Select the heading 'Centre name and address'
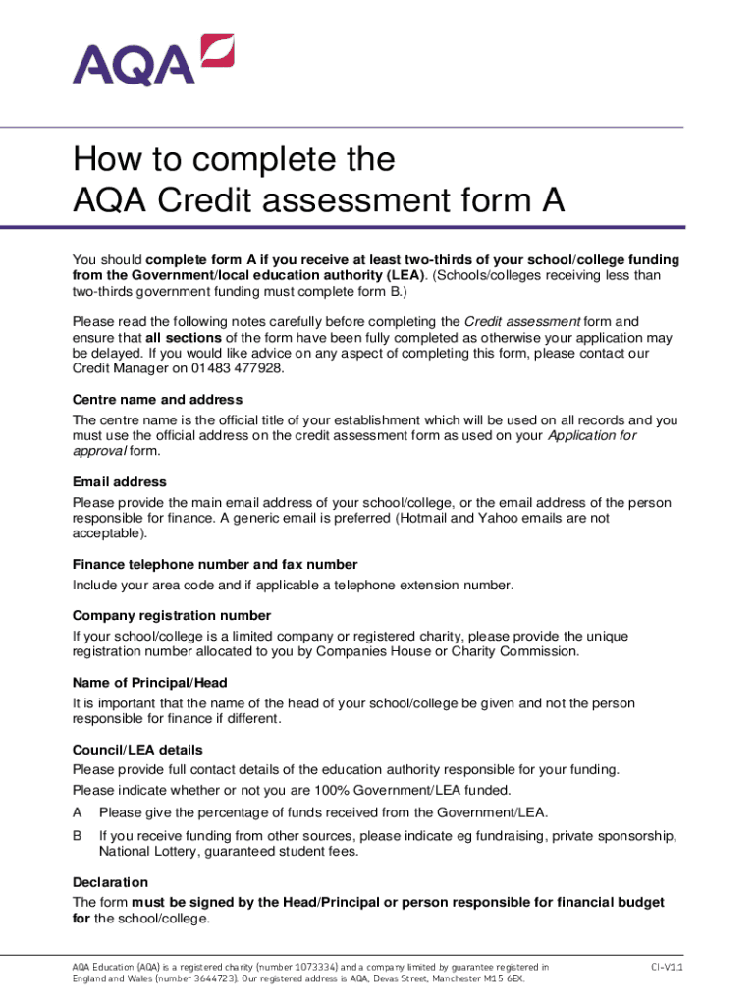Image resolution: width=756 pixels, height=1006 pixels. [x=158, y=400]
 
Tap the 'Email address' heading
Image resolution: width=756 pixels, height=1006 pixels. [x=120, y=482]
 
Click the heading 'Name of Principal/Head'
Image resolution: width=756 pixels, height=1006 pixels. [x=150, y=683]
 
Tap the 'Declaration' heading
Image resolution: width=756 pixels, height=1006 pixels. [x=111, y=882]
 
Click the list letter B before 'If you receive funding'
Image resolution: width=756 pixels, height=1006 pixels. [x=78, y=835]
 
